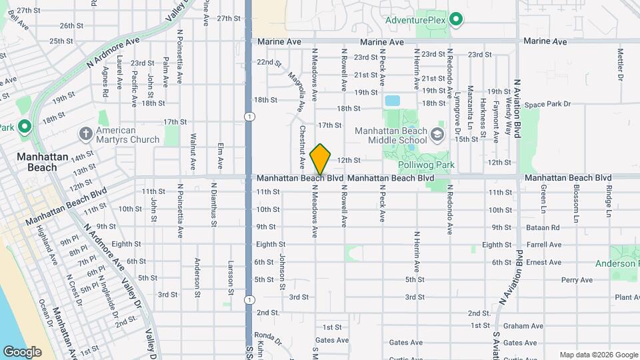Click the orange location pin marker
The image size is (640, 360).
321,159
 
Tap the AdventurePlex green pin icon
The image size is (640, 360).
456,19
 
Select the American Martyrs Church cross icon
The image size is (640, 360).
85,134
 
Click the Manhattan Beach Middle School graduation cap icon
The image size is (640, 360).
437,135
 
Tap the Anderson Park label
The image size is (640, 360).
624,263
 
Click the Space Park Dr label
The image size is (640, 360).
547,104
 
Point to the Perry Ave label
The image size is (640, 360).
577,280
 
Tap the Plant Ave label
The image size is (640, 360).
627,297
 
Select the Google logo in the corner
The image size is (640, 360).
22,351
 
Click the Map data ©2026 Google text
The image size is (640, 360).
598,355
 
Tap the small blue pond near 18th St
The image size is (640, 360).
392,101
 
